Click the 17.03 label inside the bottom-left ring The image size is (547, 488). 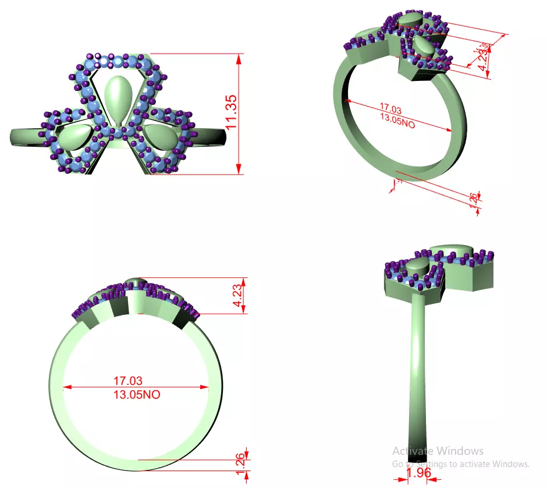tap(127, 381)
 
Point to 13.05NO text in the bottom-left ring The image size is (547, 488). tap(136, 395)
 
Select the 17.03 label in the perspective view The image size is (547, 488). tap(392, 108)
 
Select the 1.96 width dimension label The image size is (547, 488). tap(418, 473)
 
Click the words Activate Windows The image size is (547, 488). tap(438, 451)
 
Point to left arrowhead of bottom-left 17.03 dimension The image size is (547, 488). tap(65, 387)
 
